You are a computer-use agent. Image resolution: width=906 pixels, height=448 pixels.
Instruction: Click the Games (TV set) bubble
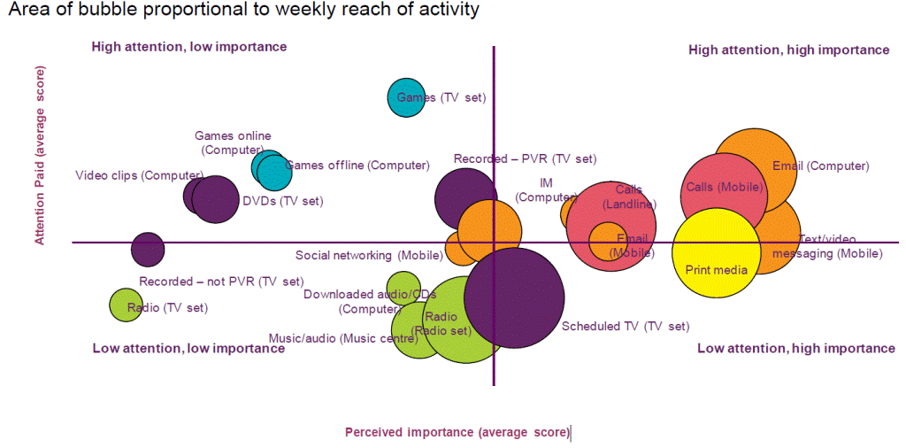pyautogui.click(x=406, y=97)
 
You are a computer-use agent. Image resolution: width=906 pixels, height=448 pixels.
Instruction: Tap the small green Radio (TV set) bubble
pyautogui.click(x=126, y=305)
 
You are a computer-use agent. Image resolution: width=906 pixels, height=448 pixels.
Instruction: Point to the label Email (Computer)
pyautogui.click(x=820, y=166)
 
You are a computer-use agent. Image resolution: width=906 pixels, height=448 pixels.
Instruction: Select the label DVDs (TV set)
pyautogui.click(x=282, y=201)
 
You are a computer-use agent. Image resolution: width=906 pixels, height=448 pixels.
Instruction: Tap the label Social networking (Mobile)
pyautogui.click(x=369, y=256)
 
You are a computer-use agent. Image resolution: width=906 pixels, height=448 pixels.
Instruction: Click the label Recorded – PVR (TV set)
pyautogui.click(x=525, y=159)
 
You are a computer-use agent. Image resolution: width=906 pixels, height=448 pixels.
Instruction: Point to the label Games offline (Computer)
pyautogui.click(x=357, y=166)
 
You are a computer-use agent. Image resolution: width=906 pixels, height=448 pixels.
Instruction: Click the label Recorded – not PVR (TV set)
pyautogui.click(x=221, y=282)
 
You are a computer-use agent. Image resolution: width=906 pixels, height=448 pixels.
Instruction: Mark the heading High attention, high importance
pyautogui.click(x=788, y=50)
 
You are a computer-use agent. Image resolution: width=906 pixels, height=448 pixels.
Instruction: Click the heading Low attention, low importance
pyautogui.click(x=188, y=348)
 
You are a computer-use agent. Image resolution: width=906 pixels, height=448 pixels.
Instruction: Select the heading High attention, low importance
pyautogui.click(x=189, y=47)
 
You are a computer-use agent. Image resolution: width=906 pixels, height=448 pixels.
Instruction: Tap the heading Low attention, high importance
pyautogui.click(x=795, y=349)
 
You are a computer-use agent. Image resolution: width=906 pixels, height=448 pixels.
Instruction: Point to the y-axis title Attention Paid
pyautogui.click(x=40, y=154)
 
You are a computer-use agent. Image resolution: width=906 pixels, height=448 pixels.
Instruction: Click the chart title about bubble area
pyautogui.click(x=243, y=12)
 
